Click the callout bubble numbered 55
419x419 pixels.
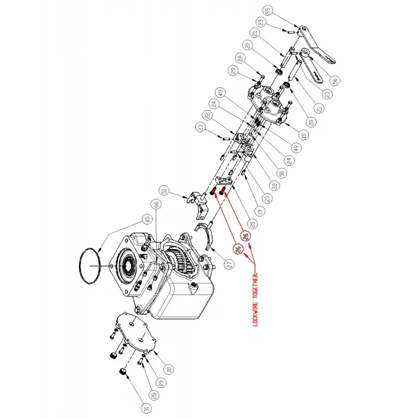click(268, 10)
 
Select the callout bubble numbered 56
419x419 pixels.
click(334, 79)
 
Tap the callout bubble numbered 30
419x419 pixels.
click(169, 369)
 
